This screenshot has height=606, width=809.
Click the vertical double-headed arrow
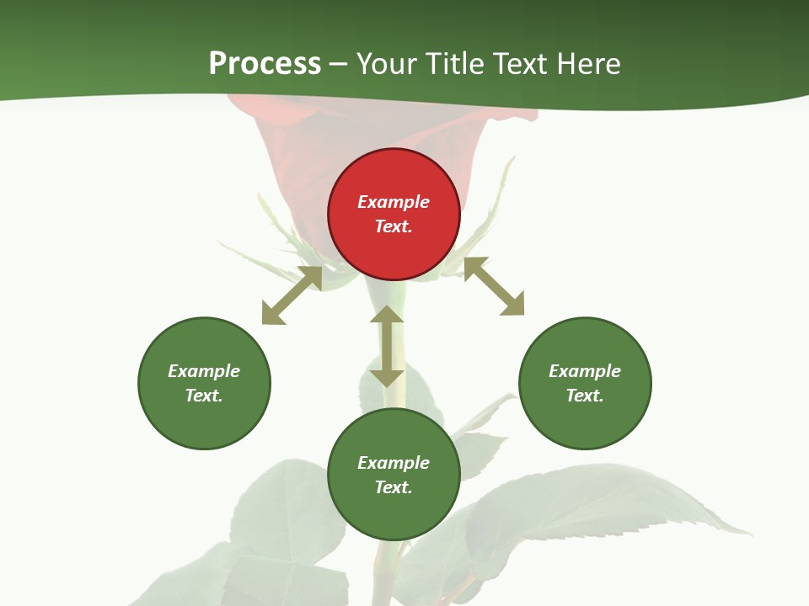click(387, 347)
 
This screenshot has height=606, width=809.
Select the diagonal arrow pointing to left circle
click(292, 295)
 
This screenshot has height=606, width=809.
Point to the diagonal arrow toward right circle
click(494, 286)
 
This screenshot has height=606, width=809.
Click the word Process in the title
click(265, 63)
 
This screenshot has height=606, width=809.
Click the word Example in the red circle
click(394, 202)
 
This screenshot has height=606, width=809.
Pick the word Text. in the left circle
click(204, 396)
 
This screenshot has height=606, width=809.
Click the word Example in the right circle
click(585, 371)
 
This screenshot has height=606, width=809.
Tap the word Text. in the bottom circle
click(394, 487)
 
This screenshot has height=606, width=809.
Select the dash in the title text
click(339, 64)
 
